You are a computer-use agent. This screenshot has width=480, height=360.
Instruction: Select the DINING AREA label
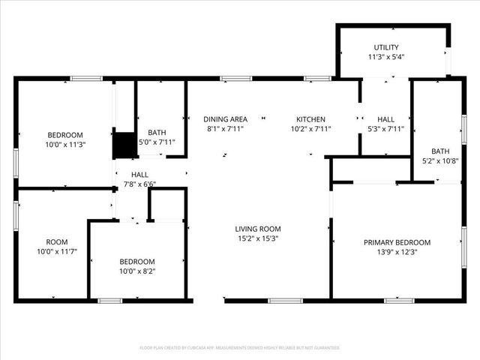[226, 119]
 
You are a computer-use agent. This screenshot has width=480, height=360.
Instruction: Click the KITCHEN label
[310, 119]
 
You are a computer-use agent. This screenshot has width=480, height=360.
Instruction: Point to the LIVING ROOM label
[258, 229]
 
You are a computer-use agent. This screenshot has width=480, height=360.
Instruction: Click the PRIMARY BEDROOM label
[397, 242]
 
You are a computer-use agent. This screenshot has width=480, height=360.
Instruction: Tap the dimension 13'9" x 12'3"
[397, 252]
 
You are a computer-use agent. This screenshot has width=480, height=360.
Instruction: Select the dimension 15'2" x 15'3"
[258, 239]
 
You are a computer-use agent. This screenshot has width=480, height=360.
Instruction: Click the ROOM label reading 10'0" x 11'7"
[57, 242]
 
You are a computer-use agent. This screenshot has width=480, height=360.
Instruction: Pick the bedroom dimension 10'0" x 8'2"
[138, 271]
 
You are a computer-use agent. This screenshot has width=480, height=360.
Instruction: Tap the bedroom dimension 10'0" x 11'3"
[64, 145]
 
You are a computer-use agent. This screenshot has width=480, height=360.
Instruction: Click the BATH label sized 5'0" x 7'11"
[157, 132]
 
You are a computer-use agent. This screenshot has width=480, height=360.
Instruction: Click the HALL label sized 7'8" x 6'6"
[139, 174]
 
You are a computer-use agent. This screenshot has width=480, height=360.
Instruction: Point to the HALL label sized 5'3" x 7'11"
[386, 119]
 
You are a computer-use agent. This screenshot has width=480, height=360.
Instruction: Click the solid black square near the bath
[122, 145]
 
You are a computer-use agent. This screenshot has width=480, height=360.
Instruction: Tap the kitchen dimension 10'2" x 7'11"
[310, 129]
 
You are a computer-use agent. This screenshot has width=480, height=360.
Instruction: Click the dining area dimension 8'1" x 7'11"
[226, 129]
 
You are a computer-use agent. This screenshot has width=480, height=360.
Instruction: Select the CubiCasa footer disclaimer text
[240, 348]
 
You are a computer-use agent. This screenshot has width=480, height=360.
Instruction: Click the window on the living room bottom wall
[280, 301]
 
